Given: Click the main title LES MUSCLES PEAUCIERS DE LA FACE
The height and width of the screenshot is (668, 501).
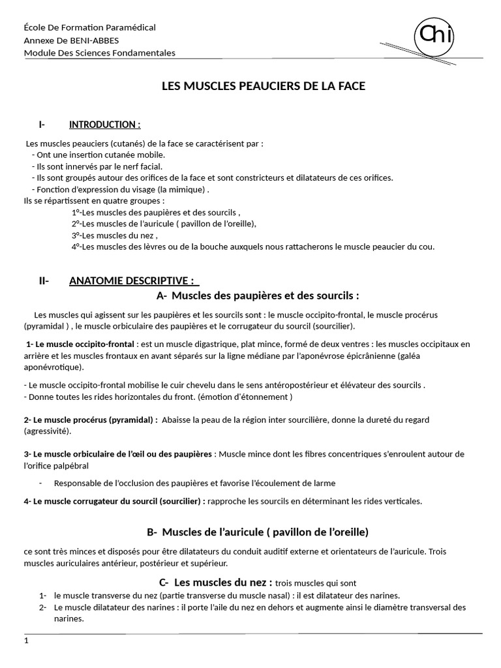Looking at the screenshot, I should (x=264, y=86).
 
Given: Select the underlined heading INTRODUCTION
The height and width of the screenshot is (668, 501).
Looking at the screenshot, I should (x=104, y=125).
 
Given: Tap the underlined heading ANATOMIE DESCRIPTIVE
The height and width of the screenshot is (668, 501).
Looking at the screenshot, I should (x=131, y=281).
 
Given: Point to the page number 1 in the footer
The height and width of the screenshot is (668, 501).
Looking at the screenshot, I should (x=27, y=641).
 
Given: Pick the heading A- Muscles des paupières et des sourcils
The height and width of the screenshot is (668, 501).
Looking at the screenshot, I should (x=258, y=296).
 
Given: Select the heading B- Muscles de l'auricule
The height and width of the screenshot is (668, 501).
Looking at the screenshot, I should (x=258, y=532).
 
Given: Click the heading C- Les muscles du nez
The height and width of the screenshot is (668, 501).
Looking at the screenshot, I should (x=215, y=582).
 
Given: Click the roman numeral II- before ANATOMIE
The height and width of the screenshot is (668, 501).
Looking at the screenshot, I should (x=44, y=281).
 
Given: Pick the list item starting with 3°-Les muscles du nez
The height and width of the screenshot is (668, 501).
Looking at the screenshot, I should (x=115, y=235).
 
